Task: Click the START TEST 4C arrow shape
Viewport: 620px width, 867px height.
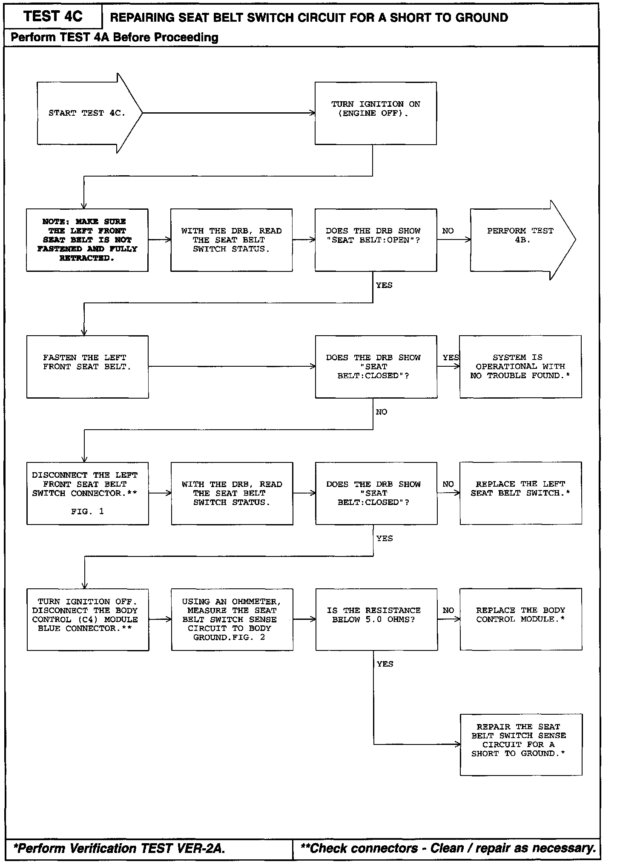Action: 87,113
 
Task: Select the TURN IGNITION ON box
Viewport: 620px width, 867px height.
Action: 375,113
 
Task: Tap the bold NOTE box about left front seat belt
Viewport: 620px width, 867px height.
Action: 87,240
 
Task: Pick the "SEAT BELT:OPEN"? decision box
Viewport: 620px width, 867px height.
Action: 375,240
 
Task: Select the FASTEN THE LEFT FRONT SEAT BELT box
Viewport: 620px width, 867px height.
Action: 87,367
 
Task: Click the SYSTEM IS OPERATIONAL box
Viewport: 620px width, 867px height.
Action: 520,367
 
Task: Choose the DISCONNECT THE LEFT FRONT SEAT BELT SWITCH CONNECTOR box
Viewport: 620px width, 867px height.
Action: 87,493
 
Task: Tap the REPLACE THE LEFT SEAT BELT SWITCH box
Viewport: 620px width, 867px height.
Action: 520,493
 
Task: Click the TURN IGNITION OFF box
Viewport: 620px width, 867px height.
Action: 87,620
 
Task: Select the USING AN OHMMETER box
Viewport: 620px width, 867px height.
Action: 232,620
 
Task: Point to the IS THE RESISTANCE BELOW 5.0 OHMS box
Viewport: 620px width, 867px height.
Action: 376,620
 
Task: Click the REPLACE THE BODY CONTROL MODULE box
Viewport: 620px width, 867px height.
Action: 520,620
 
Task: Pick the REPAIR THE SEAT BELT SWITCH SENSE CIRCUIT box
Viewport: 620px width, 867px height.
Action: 520,745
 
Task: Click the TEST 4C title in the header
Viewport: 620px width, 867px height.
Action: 53,17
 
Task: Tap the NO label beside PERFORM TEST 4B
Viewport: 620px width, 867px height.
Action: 448,231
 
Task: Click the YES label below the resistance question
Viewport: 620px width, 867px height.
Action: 385,664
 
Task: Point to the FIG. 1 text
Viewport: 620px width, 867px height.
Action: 87,512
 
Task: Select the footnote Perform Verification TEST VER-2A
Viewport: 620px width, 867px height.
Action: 119,849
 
